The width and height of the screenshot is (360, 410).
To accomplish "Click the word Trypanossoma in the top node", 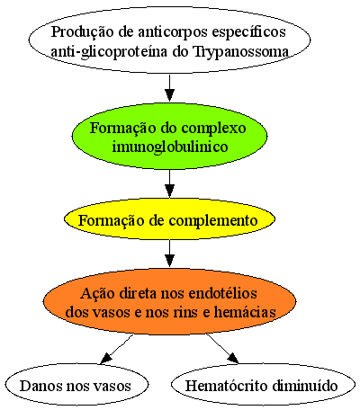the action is click(241, 52).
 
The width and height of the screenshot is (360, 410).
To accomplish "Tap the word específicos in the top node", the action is click(249, 32).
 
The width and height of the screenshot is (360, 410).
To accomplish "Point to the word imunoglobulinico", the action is click(170, 147).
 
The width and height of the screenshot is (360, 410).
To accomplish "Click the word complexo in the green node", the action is click(214, 129).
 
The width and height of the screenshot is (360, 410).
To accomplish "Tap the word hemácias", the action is click(245, 312).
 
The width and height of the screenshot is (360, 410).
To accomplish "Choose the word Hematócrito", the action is click(227, 386).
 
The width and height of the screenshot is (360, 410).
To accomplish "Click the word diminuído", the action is click(305, 386).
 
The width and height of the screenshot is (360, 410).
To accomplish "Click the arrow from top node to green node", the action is click(169, 88).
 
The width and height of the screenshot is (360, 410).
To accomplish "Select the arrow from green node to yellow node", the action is click(169, 183).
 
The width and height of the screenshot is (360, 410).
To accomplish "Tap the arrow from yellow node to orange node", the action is click(169, 254).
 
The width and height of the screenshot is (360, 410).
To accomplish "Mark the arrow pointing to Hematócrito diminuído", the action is click(222, 349).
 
